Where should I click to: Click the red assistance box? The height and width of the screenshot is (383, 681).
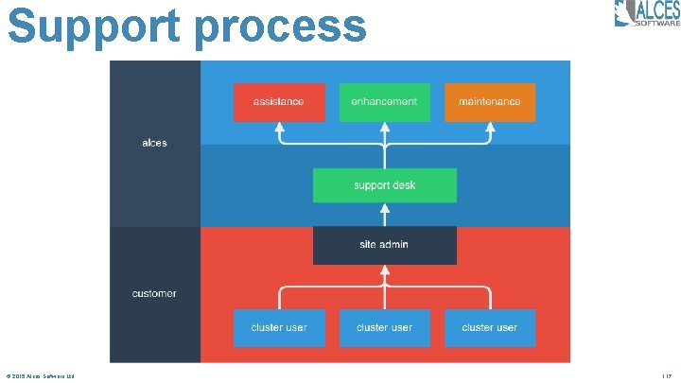[279, 102]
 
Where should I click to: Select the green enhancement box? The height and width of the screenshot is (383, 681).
[384, 102]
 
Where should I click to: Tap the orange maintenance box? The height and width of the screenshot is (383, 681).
[489, 102]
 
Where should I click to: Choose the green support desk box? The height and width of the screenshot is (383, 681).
[384, 185]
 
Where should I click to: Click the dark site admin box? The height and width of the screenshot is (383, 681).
[384, 245]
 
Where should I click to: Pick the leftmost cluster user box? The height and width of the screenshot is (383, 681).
[279, 327]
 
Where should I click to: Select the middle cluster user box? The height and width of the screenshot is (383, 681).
[384, 327]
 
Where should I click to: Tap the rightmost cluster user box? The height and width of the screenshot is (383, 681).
[489, 327]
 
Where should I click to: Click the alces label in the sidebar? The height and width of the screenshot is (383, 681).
[154, 143]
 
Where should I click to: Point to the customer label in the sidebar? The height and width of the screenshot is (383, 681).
[154, 293]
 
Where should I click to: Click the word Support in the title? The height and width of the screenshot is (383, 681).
[95, 26]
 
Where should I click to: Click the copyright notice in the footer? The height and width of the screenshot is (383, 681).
[40, 376]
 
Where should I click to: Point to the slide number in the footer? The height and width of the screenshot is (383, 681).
[666, 376]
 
